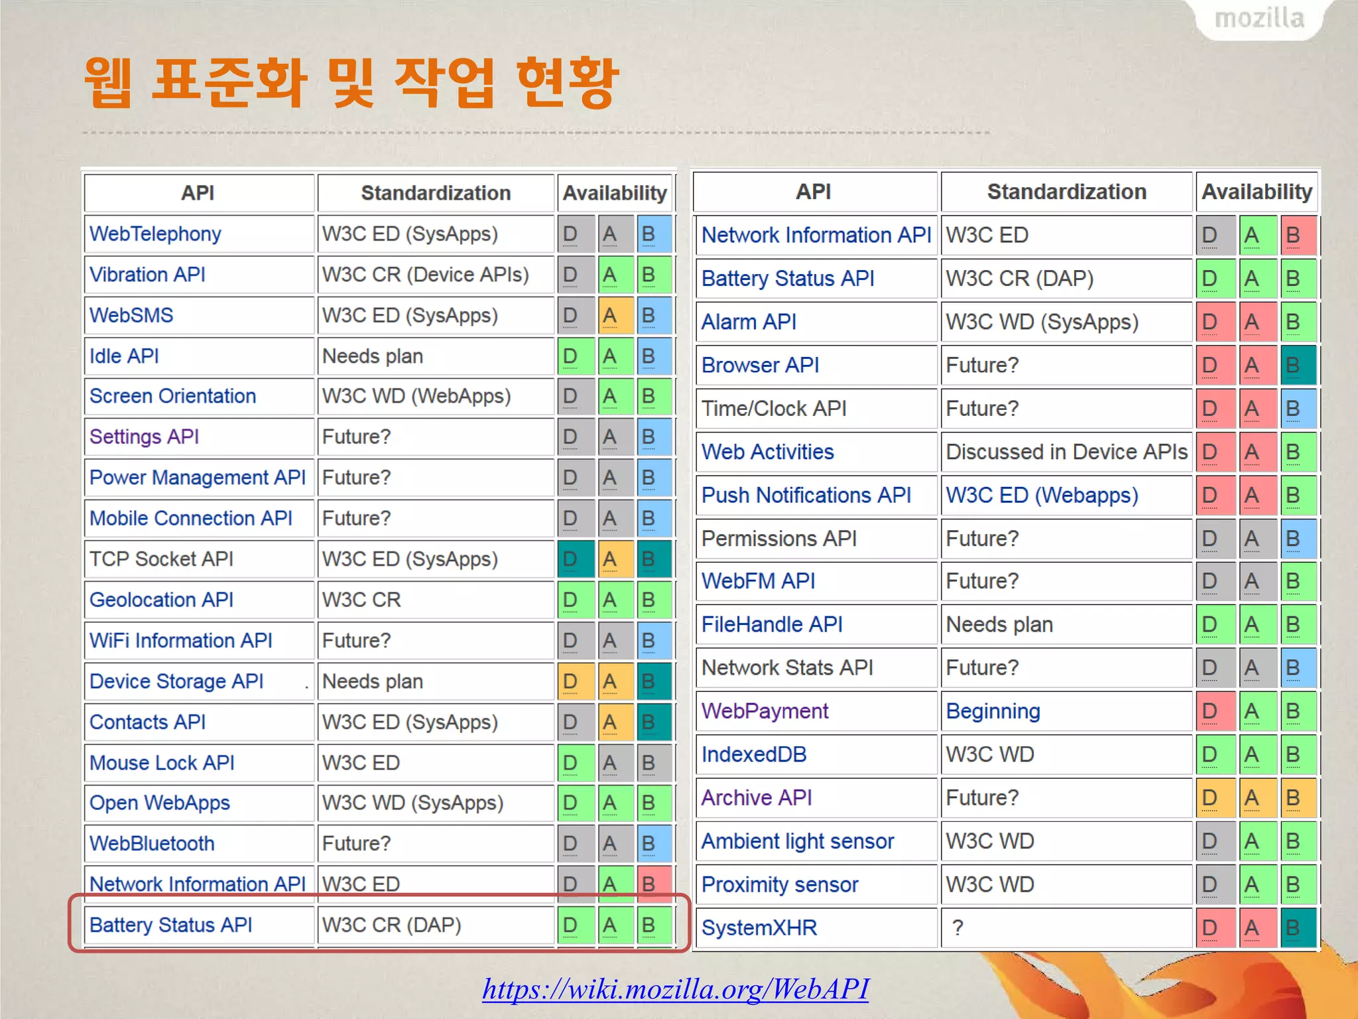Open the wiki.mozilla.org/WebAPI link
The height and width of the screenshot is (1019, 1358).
point(675,988)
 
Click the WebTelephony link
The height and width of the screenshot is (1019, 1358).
point(155,234)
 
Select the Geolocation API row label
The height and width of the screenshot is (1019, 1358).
point(161,600)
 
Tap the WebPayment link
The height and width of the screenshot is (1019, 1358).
point(765,711)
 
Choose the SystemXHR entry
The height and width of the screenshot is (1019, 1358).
point(759,927)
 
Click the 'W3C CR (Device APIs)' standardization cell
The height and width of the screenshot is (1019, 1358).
point(425,275)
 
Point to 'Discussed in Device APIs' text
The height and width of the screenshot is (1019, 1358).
point(1066,452)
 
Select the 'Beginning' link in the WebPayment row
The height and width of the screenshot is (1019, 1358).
point(993,711)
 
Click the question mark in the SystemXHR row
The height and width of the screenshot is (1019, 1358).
point(957,927)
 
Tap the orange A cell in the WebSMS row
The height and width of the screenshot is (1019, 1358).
point(610,315)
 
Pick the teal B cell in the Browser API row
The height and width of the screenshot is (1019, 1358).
point(1296,365)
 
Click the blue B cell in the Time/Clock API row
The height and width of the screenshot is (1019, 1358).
point(1296,409)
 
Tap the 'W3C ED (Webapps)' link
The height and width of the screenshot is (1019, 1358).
point(1042,495)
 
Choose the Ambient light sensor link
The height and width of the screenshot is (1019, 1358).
point(798,841)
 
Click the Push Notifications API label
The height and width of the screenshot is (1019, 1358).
point(806,495)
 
